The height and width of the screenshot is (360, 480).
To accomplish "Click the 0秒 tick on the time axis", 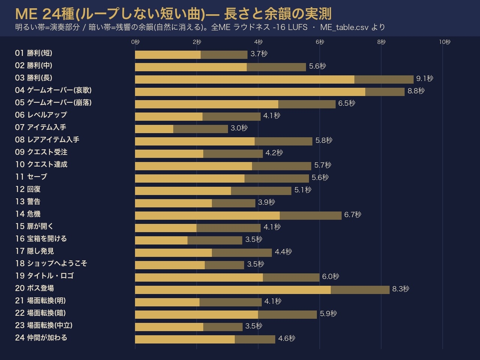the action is click(x=135, y=42).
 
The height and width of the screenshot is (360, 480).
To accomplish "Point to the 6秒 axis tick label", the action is click(x=320, y=42).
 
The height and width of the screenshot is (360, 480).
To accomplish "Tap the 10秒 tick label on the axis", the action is click(x=445, y=42).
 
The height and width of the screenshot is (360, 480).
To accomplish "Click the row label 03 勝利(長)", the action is click(x=34, y=78).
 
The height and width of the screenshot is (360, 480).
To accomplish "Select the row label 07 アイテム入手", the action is click(x=40, y=127).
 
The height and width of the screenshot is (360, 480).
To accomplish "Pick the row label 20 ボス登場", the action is click(x=34, y=288).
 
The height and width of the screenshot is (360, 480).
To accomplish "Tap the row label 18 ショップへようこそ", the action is click(x=51, y=263).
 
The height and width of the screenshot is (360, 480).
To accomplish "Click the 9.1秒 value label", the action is click(x=424, y=78).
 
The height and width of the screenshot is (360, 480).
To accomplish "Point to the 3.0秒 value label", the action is click(x=239, y=128).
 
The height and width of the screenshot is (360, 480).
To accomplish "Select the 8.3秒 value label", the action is click(x=400, y=289).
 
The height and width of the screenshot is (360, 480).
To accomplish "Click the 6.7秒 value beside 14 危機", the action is click(x=353, y=214).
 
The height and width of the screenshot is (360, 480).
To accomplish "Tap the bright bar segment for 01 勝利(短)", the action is click(x=168, y=55).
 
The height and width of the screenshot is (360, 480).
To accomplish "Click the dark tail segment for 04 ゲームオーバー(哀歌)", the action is click(x=385, y=92).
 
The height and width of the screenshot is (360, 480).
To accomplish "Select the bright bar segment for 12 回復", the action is click(x=183, y=191).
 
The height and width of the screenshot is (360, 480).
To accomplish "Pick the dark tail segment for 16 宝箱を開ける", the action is click(x=215, y=240).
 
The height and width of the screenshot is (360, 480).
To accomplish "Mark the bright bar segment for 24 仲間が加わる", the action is click(x=185, y=339).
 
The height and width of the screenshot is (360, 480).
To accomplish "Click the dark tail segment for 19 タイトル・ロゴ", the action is click(x=291, y=277).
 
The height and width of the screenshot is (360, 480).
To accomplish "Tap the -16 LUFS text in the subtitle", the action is click(x=290, y=27).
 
